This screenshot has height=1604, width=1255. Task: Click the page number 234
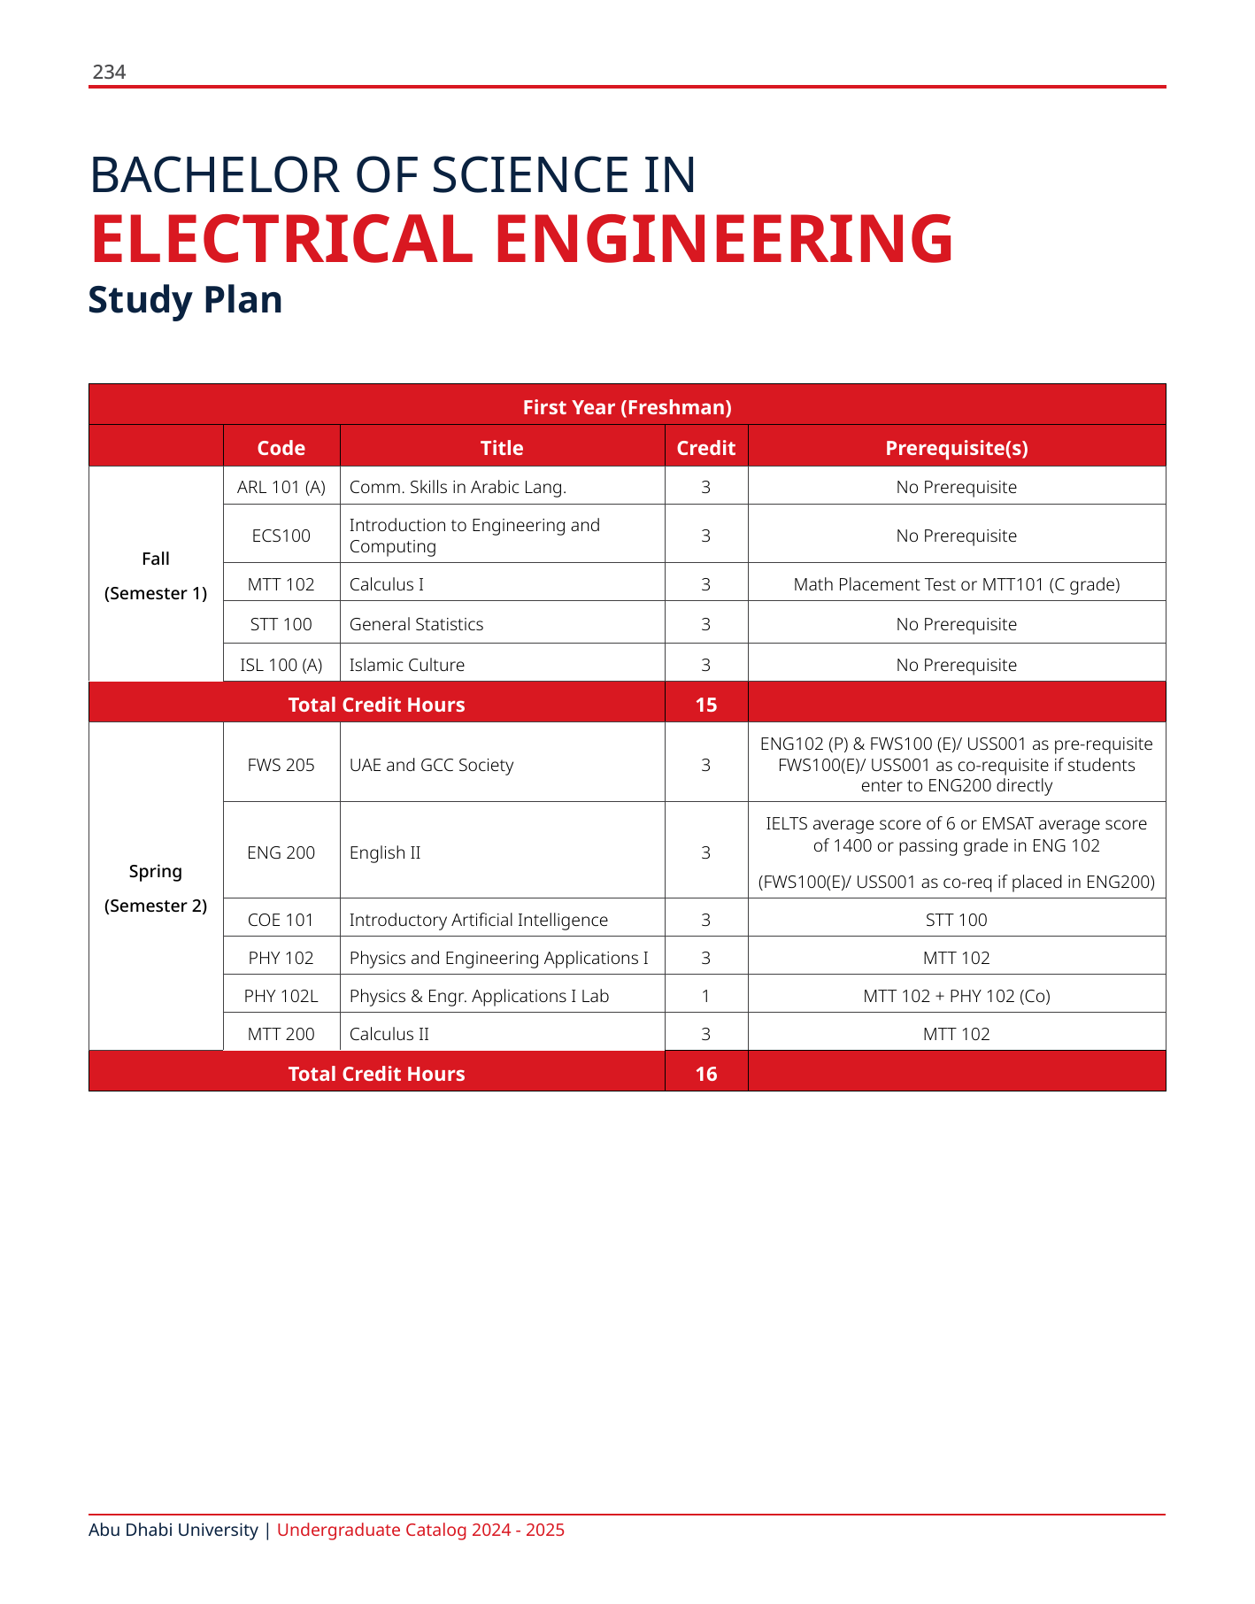click(x=109, y=73)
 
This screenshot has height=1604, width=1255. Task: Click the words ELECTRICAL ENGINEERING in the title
click(x=521, y=240)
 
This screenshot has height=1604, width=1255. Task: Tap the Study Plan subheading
click(x=185, y=300)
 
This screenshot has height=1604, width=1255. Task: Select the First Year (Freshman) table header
click(x=627, y=407)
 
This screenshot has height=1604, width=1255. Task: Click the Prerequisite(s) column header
click(x=956, y=448)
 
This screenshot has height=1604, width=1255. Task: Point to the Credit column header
click(x=705, y=448)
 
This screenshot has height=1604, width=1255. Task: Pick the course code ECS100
click(x=281, y=536)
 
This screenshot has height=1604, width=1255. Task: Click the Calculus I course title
click(x=387, y=584)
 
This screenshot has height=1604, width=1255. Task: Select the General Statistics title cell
click(x=416, y=624)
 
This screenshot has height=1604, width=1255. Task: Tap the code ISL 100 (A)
click(x=281, y=665)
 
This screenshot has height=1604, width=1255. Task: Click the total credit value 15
click(x=705, y=705)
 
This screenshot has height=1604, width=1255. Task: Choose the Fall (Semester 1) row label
click(x=156, y=575)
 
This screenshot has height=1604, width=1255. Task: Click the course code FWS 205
click(x=281, y=765)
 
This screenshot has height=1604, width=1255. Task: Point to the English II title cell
click(x=385, y=852)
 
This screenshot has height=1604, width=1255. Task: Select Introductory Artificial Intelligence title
click(x=478, y=920)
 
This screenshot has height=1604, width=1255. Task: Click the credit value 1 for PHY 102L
click(x=705, y=996)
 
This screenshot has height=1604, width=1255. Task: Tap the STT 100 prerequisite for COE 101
click(x=956, y=920)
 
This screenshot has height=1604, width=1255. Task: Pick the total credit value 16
click(x=705, y=1074)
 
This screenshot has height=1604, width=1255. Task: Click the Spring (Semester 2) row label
click(x=156, y=888)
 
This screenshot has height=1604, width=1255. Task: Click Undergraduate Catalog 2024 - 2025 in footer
click(x=420, y=1530)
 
